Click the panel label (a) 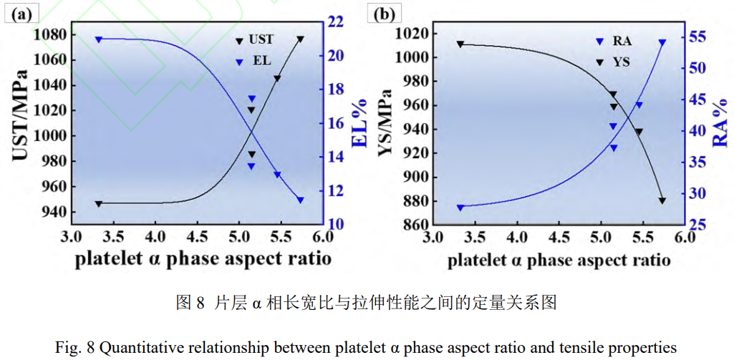(20, 13)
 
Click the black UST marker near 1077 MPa (300, 39)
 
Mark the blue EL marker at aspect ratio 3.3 (99, 39)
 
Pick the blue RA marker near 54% (662, 42)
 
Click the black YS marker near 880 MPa (662, 201)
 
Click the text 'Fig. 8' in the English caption (74, 348)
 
